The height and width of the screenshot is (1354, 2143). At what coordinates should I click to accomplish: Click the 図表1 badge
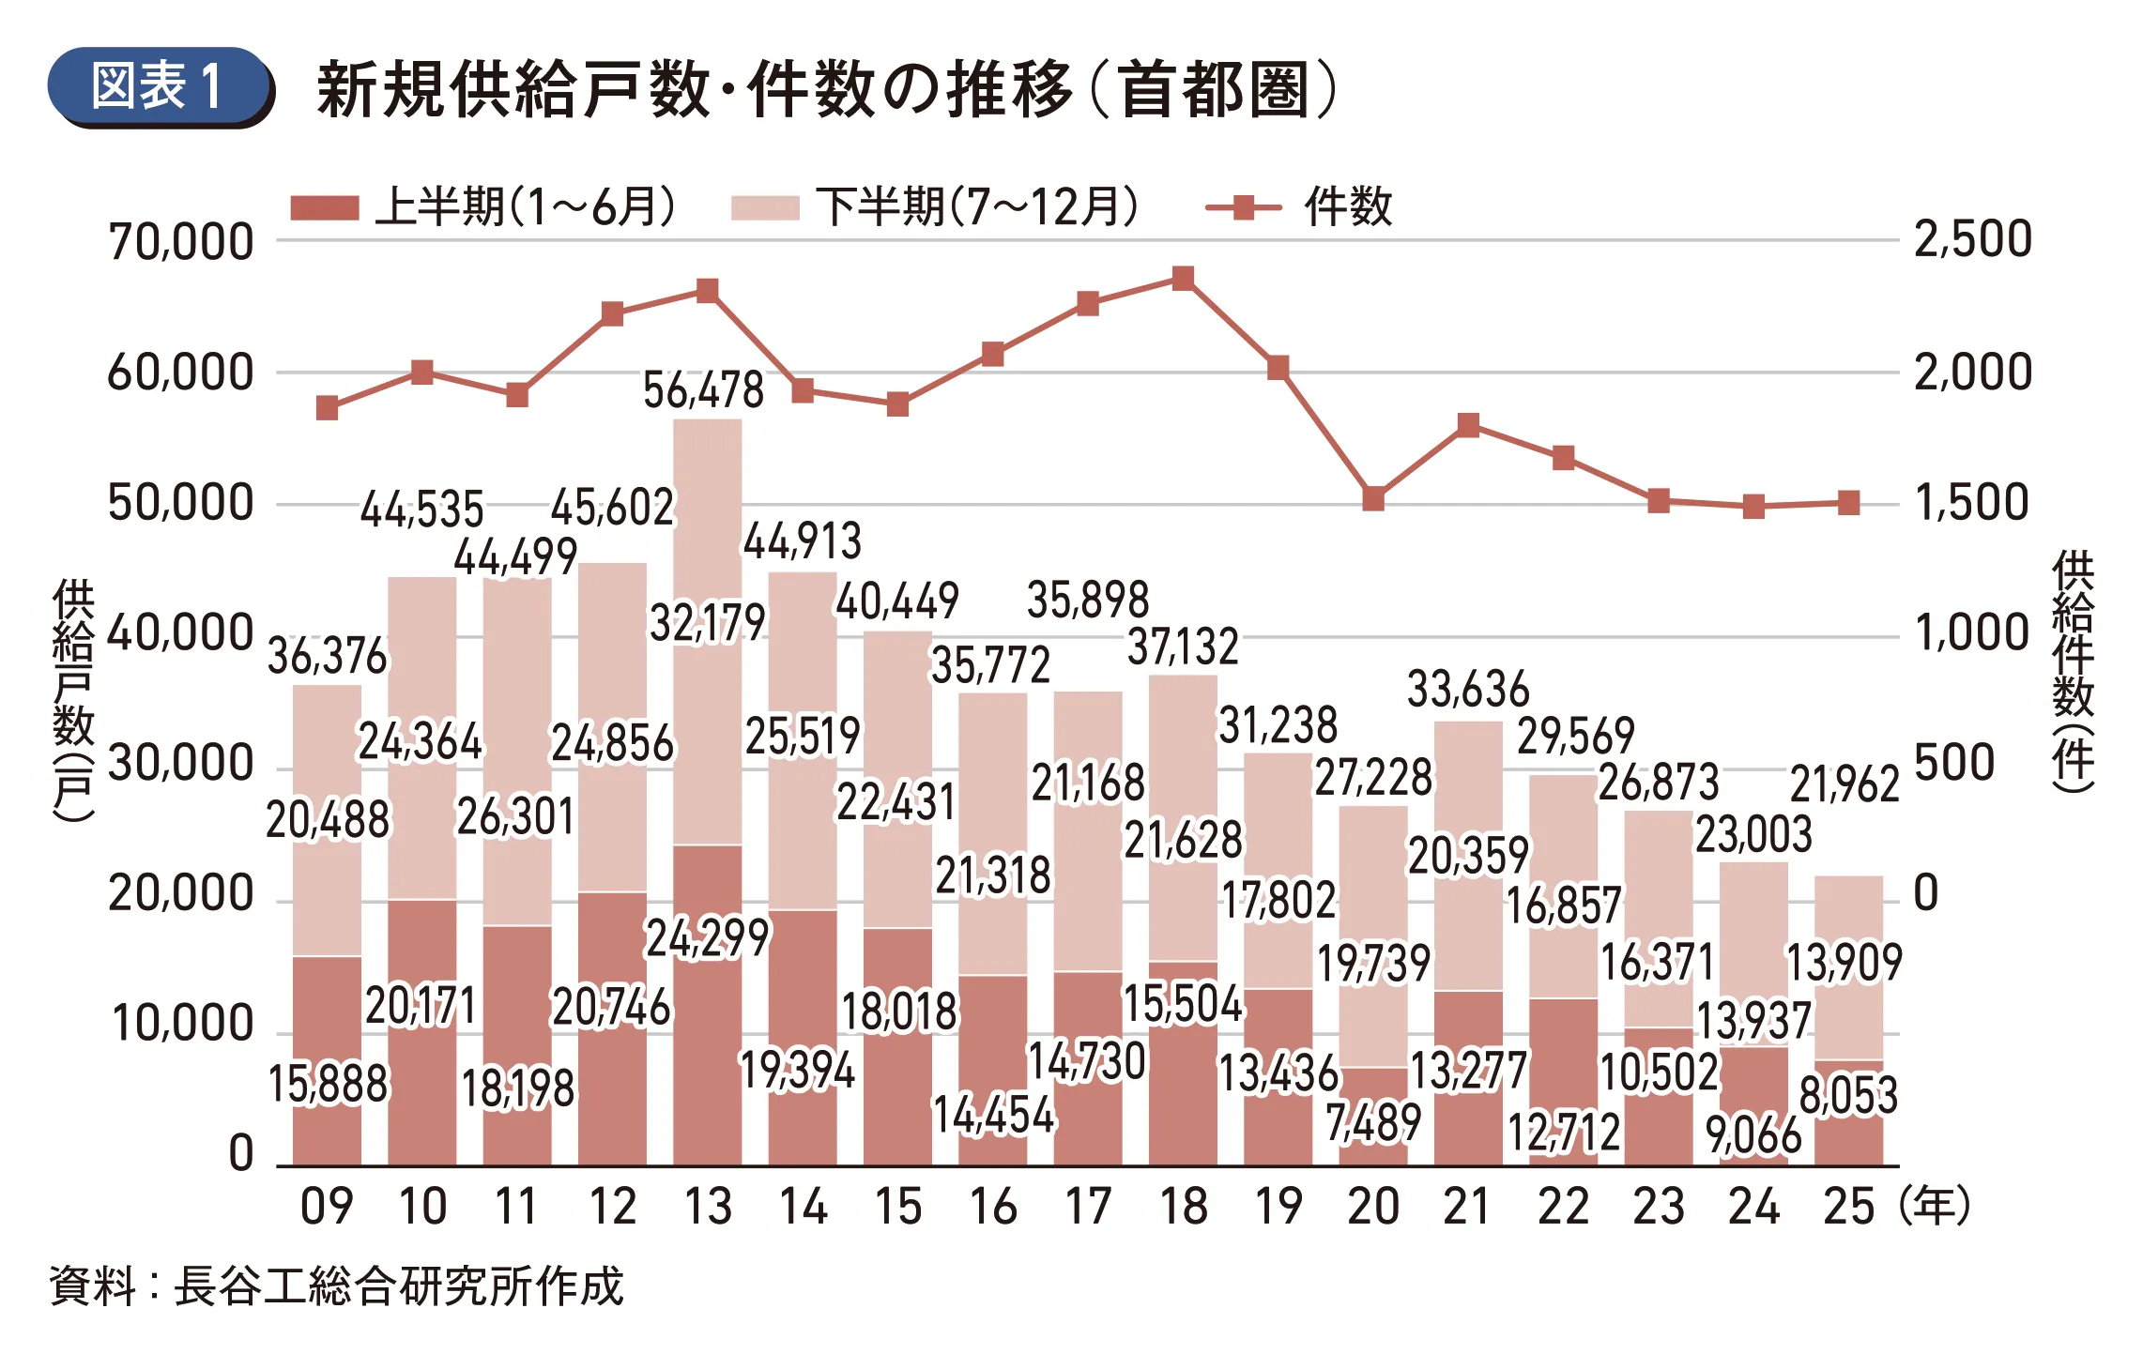(160, 86)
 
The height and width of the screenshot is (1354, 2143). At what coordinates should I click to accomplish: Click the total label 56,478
(703, 390)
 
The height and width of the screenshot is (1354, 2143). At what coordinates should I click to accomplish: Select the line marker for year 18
(1183, 279)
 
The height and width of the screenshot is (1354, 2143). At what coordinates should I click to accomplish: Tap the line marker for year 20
(1373, 498)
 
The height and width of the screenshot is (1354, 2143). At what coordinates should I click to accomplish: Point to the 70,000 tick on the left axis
(181, 242)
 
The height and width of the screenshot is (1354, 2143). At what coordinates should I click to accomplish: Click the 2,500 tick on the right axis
(1972, 240)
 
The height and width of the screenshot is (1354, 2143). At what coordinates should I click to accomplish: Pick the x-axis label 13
(708, 1207)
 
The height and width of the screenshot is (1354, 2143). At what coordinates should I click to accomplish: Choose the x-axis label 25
(1848, 1207)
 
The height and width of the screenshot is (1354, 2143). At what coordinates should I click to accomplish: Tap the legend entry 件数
(1300, 207)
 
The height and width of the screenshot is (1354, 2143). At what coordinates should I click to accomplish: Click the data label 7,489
(1373, 1122)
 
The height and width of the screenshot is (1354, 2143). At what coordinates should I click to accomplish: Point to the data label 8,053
(1848, 1095)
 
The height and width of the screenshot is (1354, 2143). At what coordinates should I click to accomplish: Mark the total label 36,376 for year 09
(327, 657)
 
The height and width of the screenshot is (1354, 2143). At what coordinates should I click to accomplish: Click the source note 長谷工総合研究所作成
(399, 1286)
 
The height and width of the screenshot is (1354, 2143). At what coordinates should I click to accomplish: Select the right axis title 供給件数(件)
(2073, 671)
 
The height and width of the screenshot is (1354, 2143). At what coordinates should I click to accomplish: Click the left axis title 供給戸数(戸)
(73, 699)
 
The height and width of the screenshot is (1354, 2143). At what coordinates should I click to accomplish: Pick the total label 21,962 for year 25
(1845, 784)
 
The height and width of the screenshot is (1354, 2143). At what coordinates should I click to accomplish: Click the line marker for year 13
(708, 291)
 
